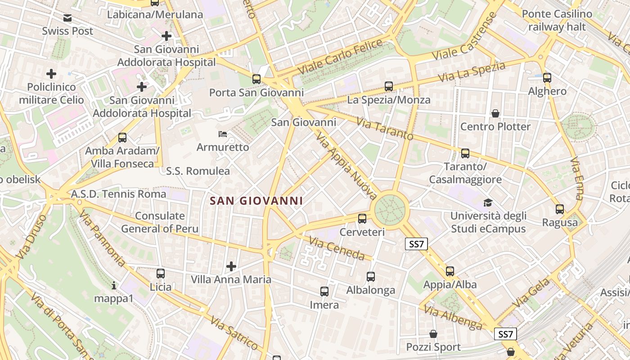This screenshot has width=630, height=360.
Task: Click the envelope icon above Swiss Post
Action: click(x=67, y=18)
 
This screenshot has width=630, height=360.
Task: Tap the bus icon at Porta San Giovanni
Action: click(x=256, y=79)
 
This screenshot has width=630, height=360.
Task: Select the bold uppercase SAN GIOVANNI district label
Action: click(x=256, y=201)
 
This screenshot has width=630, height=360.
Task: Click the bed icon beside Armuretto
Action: click(x=223, y=134)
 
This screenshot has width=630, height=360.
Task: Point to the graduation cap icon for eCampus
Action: click(x=488, y=203)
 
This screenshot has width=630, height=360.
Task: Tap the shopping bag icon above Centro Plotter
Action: click(x=495, y=113)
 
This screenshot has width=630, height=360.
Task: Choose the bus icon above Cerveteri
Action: click(x=362, y=219)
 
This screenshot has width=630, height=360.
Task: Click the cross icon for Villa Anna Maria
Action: click(x=231, y=266)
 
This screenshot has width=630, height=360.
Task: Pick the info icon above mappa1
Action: click(x=114, y=285)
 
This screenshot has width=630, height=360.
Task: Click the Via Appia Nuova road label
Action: click(x=346, y=166)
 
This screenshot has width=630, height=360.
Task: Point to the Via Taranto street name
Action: click(x=385, y=129)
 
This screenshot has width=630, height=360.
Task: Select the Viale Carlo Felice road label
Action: click(x=341, y=57)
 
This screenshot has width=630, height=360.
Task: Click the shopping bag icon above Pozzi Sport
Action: click(x=433, y=334)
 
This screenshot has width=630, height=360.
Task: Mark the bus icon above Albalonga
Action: click(x=371, y=277)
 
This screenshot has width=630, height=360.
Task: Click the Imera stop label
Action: click(x=324, y=305)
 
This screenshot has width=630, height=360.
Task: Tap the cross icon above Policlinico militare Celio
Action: click(x=52, y=73)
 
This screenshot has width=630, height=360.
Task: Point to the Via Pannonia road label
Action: click(x=103, y=238)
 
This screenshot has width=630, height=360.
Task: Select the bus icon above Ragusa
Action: click(x=560, y=209)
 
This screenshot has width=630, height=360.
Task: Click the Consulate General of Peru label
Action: click(x=160, y=222)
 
